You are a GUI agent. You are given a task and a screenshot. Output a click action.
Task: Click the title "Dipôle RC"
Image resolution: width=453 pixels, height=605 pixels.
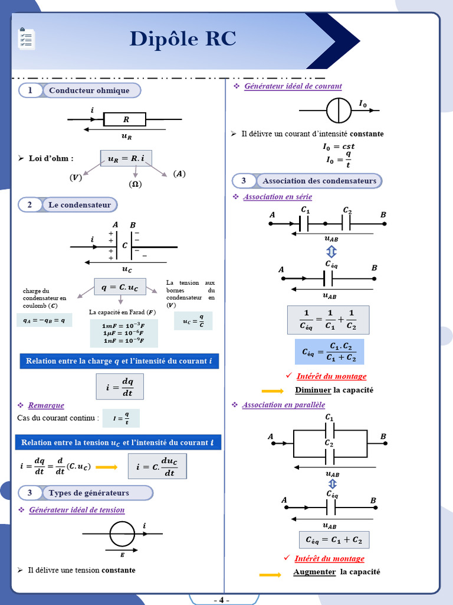point(183,39)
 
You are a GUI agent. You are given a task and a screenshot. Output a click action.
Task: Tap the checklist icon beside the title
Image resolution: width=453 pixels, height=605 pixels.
point(26,38)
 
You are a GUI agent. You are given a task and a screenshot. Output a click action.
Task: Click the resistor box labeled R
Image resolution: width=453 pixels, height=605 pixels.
point(125,119)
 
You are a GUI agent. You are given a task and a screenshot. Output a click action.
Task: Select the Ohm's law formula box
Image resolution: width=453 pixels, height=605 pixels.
point(126,158)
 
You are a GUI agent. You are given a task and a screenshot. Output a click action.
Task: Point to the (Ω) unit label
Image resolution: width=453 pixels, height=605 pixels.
point(135,184)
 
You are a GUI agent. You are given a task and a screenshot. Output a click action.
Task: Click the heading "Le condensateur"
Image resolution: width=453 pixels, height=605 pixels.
point(80,205)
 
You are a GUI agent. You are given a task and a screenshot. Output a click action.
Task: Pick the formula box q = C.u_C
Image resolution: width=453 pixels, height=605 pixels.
point(120,287)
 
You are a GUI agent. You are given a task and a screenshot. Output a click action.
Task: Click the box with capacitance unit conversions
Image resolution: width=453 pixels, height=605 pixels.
point(124,333)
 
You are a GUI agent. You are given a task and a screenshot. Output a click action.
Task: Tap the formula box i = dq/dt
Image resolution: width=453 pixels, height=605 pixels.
point(120,386)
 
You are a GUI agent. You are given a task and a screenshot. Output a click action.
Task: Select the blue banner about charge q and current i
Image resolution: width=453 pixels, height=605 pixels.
point(119,361)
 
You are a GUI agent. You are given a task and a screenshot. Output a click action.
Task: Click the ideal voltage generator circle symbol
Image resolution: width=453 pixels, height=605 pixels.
point(122,534)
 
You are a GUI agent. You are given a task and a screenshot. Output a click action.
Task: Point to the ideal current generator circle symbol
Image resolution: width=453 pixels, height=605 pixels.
point(339,110)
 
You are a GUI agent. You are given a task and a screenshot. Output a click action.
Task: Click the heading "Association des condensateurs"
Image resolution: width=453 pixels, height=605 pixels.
point(319,181)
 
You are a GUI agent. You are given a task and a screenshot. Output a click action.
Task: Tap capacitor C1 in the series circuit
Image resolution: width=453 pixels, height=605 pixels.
point(304,223)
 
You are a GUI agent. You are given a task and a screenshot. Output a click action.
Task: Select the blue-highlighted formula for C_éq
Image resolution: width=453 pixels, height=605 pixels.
point(329,352)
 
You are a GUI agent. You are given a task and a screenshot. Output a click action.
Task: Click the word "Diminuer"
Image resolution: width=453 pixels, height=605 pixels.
point(313,390)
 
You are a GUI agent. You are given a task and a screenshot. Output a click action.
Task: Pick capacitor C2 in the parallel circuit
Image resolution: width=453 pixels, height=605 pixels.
point(329,457)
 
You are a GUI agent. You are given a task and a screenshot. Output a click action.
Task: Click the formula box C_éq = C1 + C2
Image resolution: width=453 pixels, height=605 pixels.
point(334,540)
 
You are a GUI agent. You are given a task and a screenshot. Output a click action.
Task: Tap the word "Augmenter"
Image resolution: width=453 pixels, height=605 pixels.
point(314,572)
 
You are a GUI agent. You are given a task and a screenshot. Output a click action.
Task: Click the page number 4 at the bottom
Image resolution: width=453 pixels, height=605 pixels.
point(222,600)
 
